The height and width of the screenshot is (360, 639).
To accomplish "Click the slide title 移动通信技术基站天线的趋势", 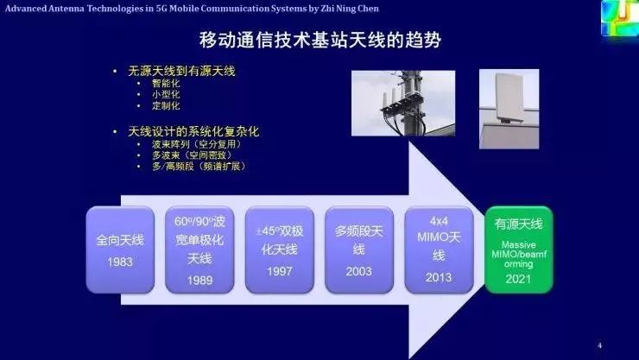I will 319,40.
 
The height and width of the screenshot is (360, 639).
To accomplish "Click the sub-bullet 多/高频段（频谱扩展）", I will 198,166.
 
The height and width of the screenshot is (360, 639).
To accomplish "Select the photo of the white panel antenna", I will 509,102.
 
